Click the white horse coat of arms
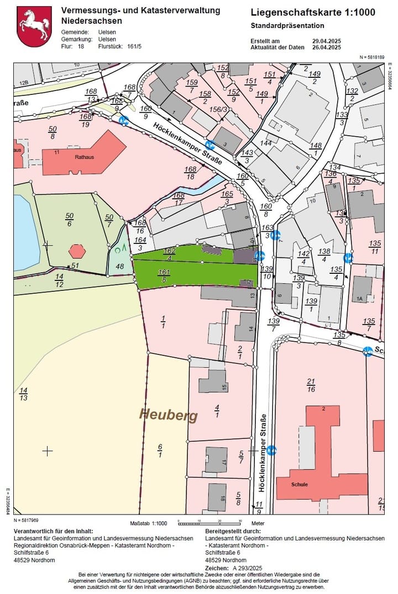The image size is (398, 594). (34, 26)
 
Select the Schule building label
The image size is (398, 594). (300, 484)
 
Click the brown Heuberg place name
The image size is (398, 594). (168, 415)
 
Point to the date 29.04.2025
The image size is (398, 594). (327, 41)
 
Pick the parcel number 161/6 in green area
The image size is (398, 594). (164, 275)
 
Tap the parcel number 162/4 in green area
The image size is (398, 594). (170, 254)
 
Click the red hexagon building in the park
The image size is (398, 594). (77, 251)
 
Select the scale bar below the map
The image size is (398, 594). (209, 522)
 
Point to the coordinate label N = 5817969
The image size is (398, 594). (27, 520)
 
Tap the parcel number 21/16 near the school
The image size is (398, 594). (311, 385)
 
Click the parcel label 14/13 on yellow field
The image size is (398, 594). (24, 394)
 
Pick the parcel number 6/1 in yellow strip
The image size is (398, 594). (160, 450)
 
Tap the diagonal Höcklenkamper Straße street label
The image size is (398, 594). (188, 144)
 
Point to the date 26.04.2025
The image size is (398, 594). (327, 47)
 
